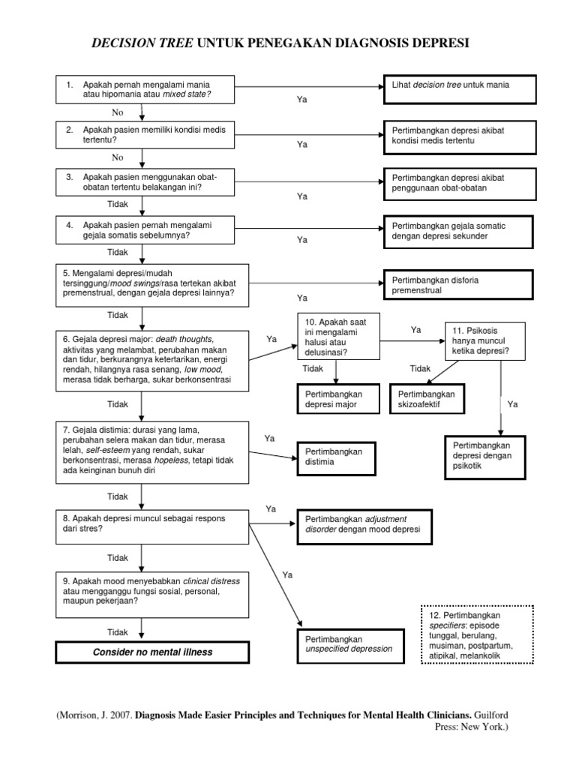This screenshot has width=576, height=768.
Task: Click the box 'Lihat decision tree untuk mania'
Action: [459, 89]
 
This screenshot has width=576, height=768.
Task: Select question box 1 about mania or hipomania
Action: [140, 89]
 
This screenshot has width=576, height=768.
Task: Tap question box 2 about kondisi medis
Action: [140, 134]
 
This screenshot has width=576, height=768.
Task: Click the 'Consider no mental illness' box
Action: [152, 652]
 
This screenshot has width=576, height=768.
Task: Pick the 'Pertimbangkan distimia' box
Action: [337, 457]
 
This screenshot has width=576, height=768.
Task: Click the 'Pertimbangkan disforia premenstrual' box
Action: [459, 285]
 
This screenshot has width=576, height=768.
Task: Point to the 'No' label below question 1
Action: [117, 112]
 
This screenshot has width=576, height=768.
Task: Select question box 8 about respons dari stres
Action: [152, 523]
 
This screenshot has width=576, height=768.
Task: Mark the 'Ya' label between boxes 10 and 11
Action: [417, 329]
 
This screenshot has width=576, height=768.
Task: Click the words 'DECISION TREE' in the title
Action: [141, 44]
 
